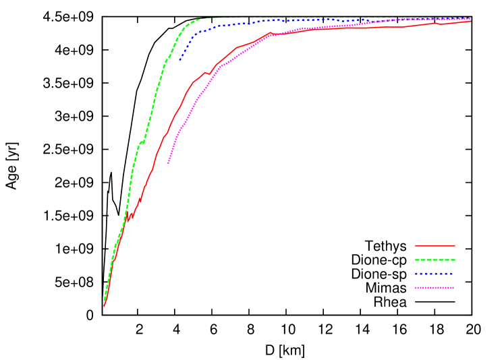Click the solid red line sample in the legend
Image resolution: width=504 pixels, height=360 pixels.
tap(435, 245)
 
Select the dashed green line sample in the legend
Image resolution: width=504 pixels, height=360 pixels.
tap(435, 260)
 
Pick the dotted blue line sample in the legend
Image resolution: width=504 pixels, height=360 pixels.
tap(435, 274)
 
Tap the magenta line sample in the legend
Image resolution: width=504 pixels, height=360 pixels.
tap(435, 288)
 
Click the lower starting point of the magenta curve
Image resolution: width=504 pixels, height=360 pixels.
tap(168, 163)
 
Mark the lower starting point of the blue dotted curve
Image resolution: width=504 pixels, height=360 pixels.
tap(179, 61)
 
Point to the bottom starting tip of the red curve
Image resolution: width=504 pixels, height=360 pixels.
tap(104, 306)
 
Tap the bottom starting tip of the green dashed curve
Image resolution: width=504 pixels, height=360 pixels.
tap(104, 300)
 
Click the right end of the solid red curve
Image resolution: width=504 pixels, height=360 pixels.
tap(470, 21)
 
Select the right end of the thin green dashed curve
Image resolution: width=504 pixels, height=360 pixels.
tap(470, 17)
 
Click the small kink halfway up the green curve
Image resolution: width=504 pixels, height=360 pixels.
tap(142, 142)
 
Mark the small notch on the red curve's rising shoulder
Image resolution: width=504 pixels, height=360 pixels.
tap(207, 73)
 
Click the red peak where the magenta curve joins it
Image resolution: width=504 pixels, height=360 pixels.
tap(270, 32)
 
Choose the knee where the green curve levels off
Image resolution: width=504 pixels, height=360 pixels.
tap(196, 20)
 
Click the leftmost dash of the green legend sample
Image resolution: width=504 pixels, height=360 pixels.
tap(418, 260)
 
